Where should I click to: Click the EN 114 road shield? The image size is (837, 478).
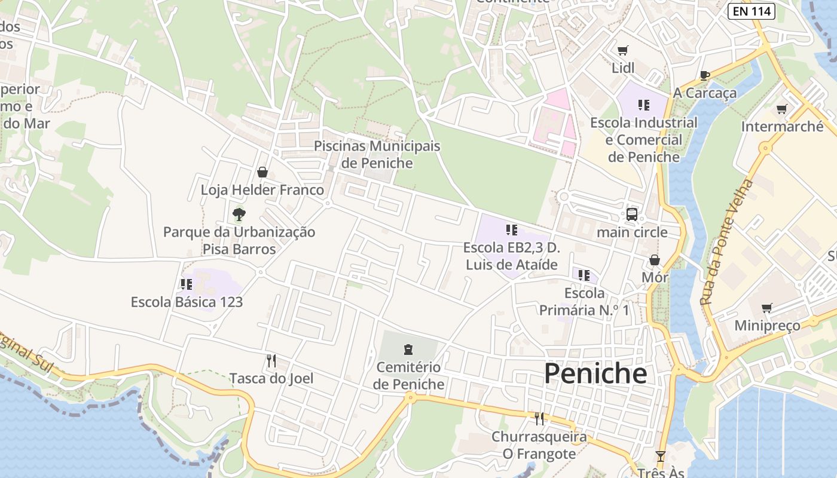click(x=752, y=11)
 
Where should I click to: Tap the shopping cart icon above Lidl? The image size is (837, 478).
click(x=623, y=50)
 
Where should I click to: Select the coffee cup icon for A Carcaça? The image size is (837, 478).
click(x=705, y=75)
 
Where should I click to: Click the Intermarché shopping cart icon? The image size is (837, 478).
click(x=781, y=109)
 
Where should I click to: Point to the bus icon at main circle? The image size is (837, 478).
click(x=632, y=214)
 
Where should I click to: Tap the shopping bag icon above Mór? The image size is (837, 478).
click(x=655, y=260)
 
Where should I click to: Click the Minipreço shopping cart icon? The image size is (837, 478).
click(x=767, y=308)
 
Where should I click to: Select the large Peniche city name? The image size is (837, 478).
click(x=595, y=373)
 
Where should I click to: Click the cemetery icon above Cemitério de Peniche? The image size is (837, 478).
click(x=408, y=349)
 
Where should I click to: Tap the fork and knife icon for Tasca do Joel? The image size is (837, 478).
click(x=271, y=360)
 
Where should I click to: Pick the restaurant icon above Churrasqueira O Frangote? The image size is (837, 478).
click(x=539, y=418)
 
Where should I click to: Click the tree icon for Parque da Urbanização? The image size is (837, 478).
click(x=239, y=213)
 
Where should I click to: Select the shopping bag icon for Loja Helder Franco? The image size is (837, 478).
click(x=262, y=172)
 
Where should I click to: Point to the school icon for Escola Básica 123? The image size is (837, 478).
click(x=187, y=284)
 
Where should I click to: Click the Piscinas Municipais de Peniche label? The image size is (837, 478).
click(x=377, y=154)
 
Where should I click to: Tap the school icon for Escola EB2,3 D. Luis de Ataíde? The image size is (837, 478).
click(x=511, y=229)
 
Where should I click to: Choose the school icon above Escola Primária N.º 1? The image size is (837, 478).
click(x=584, y=275)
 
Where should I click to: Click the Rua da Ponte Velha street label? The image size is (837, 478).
click(x=727, y=243)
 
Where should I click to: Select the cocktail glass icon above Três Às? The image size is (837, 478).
click(x=660, y=456)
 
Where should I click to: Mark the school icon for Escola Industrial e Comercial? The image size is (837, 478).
click(x=644, y=105)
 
